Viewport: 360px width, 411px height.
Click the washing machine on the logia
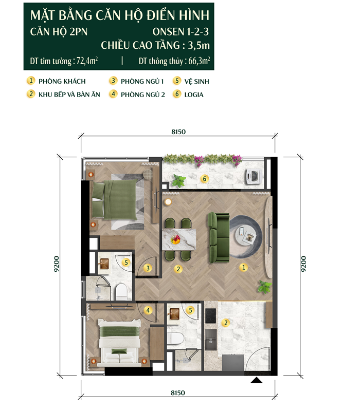(253, 175)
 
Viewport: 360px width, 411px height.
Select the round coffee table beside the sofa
(245, 235)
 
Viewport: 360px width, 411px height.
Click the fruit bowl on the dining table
(175, 239)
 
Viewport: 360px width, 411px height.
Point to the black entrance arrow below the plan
(256, 380)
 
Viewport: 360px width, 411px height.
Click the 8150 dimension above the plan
(178, 132)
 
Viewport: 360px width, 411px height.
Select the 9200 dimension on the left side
(57, 264)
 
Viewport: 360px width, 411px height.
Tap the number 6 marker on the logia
(204, 179)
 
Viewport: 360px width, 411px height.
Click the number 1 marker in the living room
(243, 267)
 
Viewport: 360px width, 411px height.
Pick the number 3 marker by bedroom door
(148, 268)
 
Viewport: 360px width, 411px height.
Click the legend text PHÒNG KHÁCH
(62, 81)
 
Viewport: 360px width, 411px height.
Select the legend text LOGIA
(194, 95)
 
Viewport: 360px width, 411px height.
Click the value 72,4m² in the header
(87, 61)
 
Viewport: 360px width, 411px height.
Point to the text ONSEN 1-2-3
(181, 32)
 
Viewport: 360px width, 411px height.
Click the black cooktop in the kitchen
(210, 315)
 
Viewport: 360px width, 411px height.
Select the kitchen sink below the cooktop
(211, 340)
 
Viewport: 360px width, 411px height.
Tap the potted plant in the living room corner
(264, 286)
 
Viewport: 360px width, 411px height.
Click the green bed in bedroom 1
(115, 199)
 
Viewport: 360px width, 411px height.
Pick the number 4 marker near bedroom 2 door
(148, 310)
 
